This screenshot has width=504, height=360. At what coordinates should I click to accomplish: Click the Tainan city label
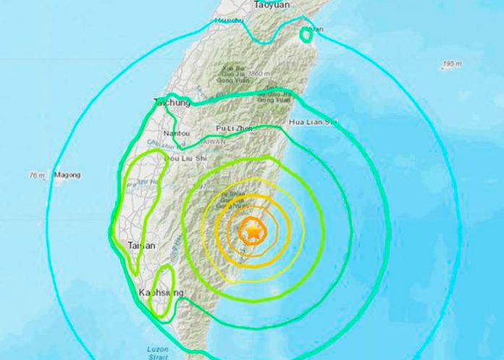[141, 246]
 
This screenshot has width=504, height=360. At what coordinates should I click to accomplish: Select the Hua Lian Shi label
[314, 122]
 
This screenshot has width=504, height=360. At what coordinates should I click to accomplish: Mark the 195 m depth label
[450, 65]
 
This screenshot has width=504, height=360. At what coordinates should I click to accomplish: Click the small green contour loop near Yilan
[306, 34]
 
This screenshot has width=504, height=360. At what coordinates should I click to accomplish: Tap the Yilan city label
[316, 30]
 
